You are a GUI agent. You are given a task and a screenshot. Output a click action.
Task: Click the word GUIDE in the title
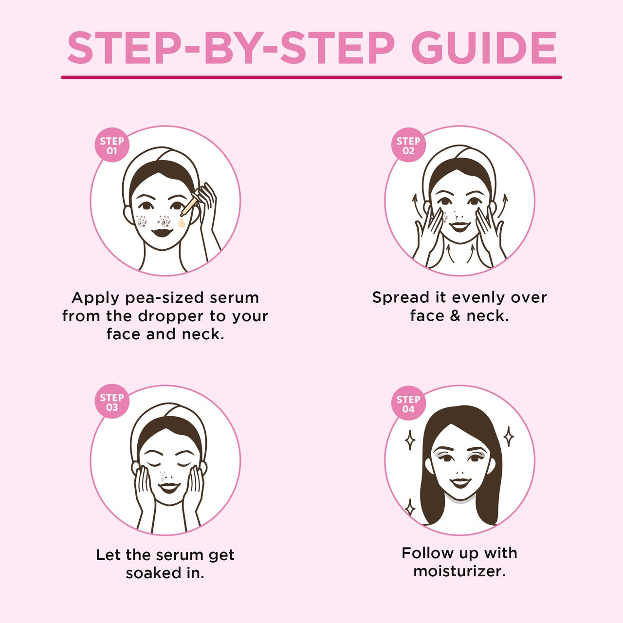(x=484, y=48)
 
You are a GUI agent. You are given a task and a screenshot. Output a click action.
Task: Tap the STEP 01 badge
(x=112, y=145)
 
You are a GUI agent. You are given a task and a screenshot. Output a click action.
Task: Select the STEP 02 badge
(x=408, y=145)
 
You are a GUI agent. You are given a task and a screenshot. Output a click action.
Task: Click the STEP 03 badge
(x=112, y=402)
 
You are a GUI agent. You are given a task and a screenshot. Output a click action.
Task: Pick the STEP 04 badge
(x=408, y=404)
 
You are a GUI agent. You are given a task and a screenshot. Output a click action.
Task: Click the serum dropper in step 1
(x=190, y=204)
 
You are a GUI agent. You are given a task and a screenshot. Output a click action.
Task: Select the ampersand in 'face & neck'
(x=455, y=316)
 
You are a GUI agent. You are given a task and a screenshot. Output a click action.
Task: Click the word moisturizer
(x=459, y=571)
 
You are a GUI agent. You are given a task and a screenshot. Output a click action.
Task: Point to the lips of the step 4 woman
(x=460, y=482)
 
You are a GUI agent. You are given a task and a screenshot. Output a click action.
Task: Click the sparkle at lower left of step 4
(x=410, y=508)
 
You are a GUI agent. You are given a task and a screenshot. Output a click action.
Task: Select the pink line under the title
(x=311, y=77)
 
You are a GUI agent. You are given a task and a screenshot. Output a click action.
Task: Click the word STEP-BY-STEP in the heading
(x=231, y=48)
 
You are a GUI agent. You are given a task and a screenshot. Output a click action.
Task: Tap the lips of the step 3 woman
(x=169, y=487)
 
